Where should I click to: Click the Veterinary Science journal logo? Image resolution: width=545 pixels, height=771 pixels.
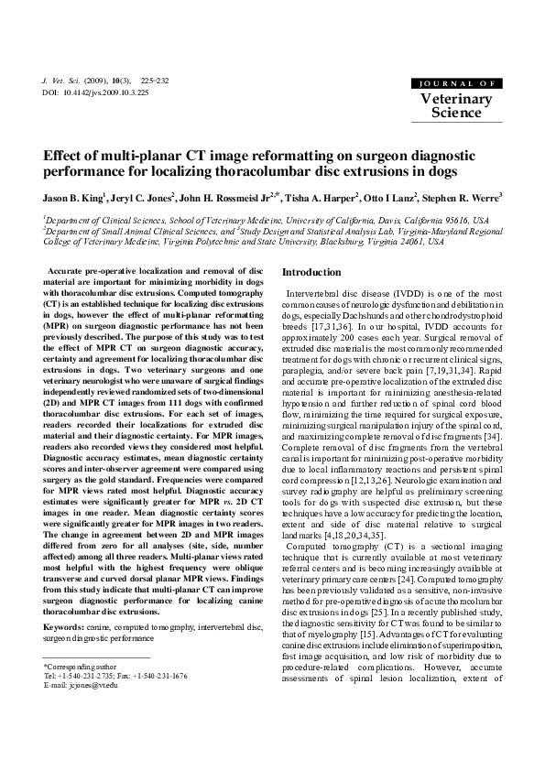click(456, 100)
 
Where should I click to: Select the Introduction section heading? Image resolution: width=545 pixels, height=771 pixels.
click(311, 273)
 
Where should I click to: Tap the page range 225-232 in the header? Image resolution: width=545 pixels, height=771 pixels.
click(155, 81)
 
